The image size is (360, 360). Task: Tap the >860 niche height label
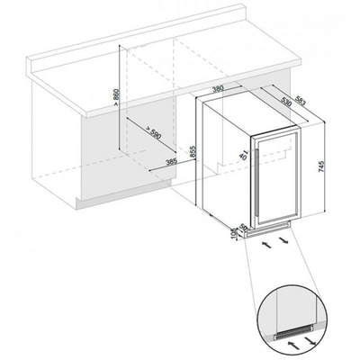click(115, 97)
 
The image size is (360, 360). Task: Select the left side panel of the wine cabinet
click(225, 162)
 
